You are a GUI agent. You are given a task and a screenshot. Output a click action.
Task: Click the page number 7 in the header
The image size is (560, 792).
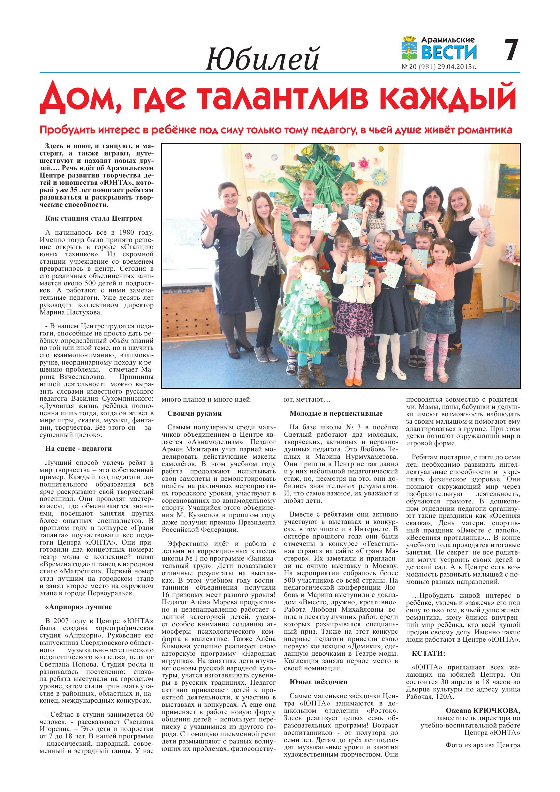click(x=511, y=50)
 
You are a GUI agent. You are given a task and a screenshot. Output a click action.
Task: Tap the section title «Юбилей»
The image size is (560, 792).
click(x=262, y=59)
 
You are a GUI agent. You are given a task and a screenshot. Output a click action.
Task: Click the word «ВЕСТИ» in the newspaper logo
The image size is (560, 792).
click(x=449, y=53)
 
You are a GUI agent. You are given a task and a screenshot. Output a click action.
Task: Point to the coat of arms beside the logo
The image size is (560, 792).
click(x=410, y=49)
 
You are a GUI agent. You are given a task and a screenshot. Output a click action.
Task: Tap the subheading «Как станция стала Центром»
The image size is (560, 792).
click(x=94, y=218)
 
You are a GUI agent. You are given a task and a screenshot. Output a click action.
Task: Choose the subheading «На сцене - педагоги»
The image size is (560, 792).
click(x=78, y=449)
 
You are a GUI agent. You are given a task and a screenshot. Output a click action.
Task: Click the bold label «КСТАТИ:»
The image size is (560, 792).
click(x=428, y=653)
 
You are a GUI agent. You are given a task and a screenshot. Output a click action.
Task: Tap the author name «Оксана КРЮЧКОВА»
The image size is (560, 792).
click(x=483, y=711)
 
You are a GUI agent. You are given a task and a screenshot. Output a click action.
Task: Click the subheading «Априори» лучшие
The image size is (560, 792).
click(x=78, y=607)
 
